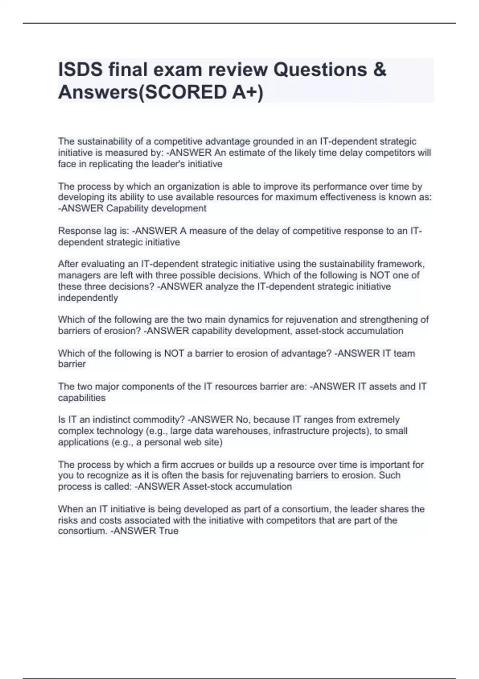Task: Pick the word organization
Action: coord(193,187)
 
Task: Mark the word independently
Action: coord(88,298)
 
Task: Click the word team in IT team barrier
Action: coord(404,353)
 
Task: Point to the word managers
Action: coord(77,275)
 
